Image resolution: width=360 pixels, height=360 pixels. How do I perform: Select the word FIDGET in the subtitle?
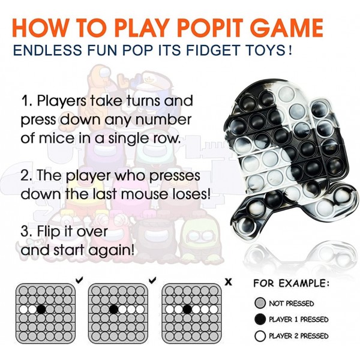pos(209,50)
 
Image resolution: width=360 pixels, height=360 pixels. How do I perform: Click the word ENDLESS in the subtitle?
pos(47,50)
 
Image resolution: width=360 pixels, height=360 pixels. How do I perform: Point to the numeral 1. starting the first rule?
pos(27,101)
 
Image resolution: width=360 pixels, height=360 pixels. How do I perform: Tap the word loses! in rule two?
pos(191,194)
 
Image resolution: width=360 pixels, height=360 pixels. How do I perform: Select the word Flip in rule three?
pos(48,232)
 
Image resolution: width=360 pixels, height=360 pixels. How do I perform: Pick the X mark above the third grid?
pos(229,282)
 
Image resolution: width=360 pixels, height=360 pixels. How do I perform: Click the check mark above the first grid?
pos(79,280)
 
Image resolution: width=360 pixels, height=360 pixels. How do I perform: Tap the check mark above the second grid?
pos(152,280)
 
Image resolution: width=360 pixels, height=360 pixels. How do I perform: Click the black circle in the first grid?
pos(41,309)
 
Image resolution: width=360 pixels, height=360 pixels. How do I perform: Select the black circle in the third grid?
pos(188,309)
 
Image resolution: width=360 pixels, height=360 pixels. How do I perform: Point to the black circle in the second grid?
pos(113,309)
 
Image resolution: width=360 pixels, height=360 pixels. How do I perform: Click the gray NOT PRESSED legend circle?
pos(260,303)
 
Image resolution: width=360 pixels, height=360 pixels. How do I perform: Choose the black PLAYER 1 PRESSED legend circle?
pos(260,319)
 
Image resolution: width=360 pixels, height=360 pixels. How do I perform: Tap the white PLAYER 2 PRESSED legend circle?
pos(260,336)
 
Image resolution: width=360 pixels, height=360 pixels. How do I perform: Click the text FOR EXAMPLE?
pos(291,283)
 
